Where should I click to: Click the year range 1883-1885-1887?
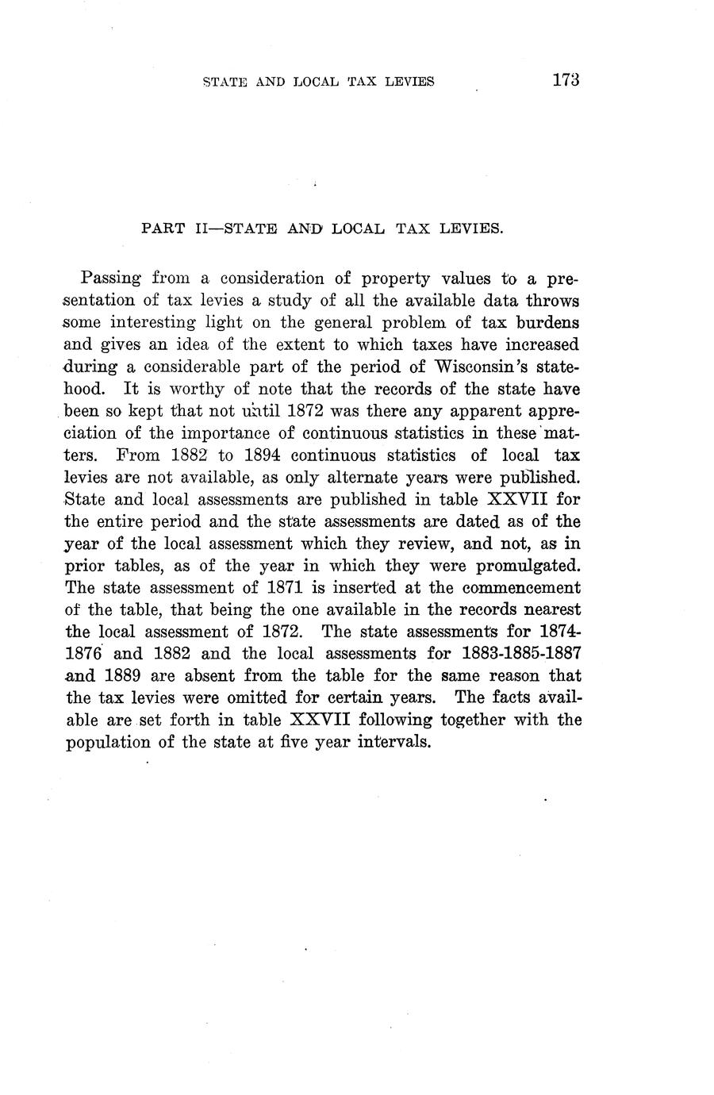pos(509,654)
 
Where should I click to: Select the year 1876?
pos(83,654)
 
